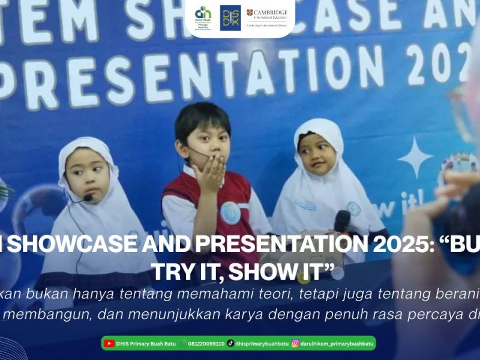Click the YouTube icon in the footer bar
[x=109, y=343]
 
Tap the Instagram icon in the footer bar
[x=295, y=343]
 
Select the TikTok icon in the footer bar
[x=230, y=343]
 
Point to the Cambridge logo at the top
[x=266, y=17]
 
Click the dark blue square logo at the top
[x=230, y=17]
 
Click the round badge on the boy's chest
[x=230, y=213]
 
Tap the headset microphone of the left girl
[x=88, y=197]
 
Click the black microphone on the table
[x=342, y=221]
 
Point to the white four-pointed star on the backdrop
[x=415, y=158]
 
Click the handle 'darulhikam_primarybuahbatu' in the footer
[x=337, y=344]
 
